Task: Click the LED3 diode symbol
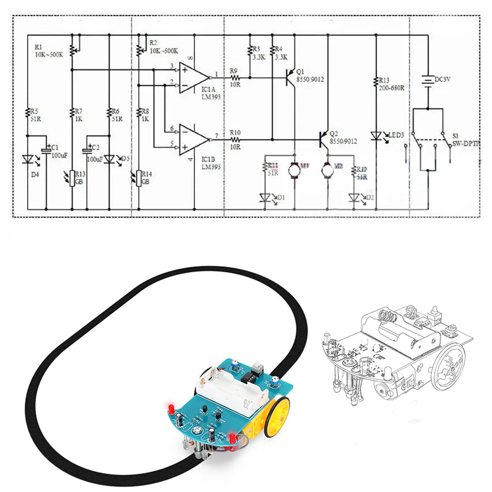[x=376, y=137]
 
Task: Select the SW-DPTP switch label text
[x=466, y=143]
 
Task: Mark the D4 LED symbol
[x=28, y=159]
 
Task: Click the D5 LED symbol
[x=109, y=159]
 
